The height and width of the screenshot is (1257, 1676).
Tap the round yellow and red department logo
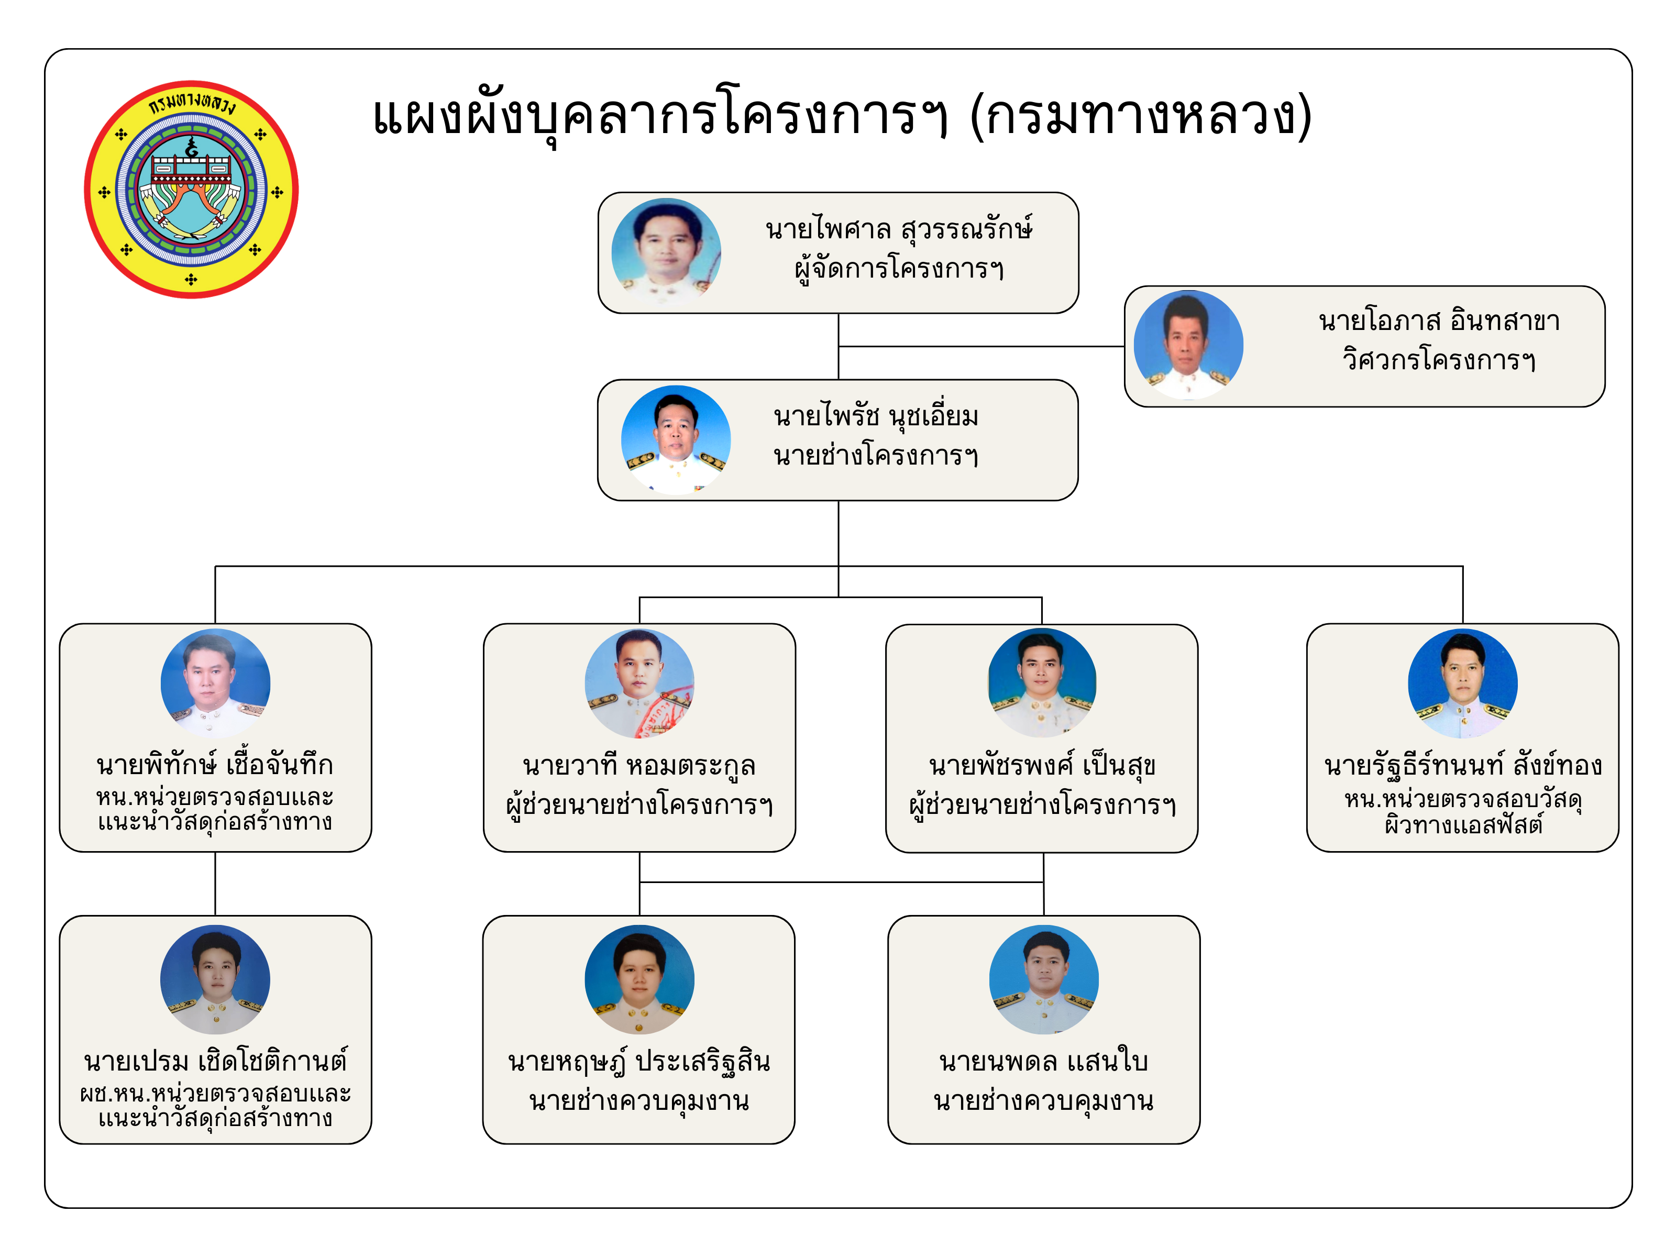pyautogui.click(x=191, y=190)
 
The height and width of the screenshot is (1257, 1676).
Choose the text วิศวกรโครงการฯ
pyautogui.click(x=1439, y=360)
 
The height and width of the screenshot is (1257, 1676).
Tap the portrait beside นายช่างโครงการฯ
pyautogui.click(x=676, y=440)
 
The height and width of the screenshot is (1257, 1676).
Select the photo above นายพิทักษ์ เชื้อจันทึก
pyautogui.click(x=215, y=683)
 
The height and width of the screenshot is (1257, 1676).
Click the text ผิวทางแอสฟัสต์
pyautogui.click(x=1463, y=824)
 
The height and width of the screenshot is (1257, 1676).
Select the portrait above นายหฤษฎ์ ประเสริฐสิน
pyautogui.click(x=639, y=980)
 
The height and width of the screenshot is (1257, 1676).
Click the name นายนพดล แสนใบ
pyautogui.click(x=1044, y=1062)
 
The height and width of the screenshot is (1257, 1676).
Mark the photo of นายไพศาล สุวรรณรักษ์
pyautogui.click(x=666, y=253)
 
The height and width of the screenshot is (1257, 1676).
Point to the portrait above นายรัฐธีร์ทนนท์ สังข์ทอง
pyautogui.click(x=1463, y=683)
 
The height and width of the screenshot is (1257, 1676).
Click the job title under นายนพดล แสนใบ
pyautogui.click(x=1044, y=1101)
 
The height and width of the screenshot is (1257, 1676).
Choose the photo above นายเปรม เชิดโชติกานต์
pyautogui.click(x=215, y=980)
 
